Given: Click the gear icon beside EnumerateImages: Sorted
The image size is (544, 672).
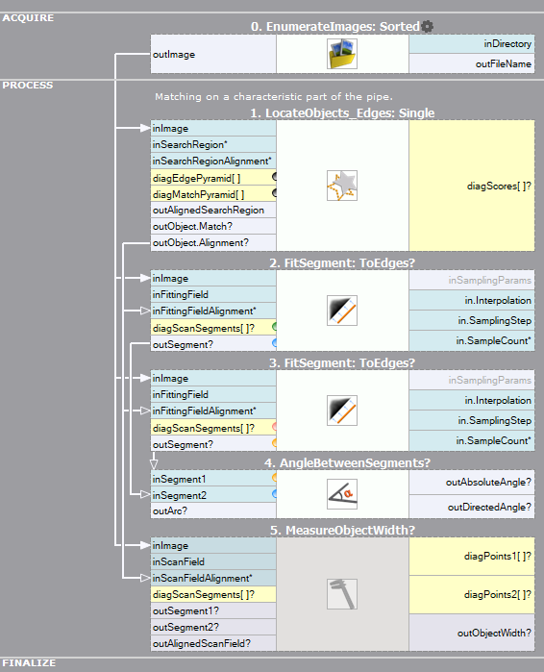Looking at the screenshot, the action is tap(427, 27).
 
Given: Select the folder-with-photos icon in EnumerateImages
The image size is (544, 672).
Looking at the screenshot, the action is tap(342, 54).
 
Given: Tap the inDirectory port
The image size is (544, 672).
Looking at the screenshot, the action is tap(472, 43).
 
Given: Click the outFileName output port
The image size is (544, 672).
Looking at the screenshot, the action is tap(472, 63).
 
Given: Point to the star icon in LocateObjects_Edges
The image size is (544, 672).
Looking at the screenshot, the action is tap(342, 186).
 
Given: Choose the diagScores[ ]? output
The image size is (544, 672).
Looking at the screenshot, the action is tap(472, 186).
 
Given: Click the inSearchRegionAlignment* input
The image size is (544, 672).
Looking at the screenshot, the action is tap(213, 162).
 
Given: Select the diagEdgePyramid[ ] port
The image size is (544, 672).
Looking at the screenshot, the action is tap(213, 178).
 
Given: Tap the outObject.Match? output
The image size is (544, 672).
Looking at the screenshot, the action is tap(213, 226).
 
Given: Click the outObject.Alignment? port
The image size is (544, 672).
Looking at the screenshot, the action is tap(213, 242).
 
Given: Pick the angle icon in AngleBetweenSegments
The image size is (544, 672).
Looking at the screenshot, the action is tap(342, 494).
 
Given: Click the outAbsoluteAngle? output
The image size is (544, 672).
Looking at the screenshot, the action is tap(472, 483).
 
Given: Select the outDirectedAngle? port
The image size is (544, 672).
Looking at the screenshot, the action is tap(472, 507).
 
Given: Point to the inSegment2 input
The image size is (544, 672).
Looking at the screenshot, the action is tap(213, 495).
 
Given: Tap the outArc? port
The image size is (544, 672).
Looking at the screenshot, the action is tap(213, 510).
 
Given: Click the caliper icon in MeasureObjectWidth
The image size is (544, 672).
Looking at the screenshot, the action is tap(342, 594).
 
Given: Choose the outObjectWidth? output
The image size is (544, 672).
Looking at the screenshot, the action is tap(472, 633).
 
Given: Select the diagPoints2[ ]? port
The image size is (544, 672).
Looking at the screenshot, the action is tap(472, 594).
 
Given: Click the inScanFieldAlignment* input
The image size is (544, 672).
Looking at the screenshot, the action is tap(213, 578).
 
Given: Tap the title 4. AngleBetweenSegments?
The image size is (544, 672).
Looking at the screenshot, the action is tap(347, 462).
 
